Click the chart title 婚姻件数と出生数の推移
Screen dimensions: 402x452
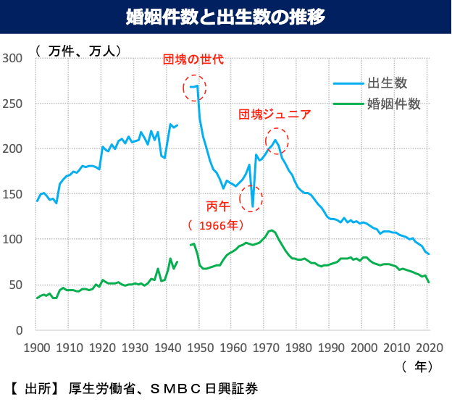pos(226,14)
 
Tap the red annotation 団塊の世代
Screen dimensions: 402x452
pos(193,59)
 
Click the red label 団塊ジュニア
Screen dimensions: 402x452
pos(275,114)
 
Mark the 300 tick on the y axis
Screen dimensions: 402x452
pos(14,58)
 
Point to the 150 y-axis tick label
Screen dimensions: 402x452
pos(14,194)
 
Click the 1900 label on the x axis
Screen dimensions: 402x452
pos(36,346)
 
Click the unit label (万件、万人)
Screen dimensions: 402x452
pos(78,51)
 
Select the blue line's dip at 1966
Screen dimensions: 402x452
pos(252,206)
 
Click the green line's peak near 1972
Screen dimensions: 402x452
pos(272,230)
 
